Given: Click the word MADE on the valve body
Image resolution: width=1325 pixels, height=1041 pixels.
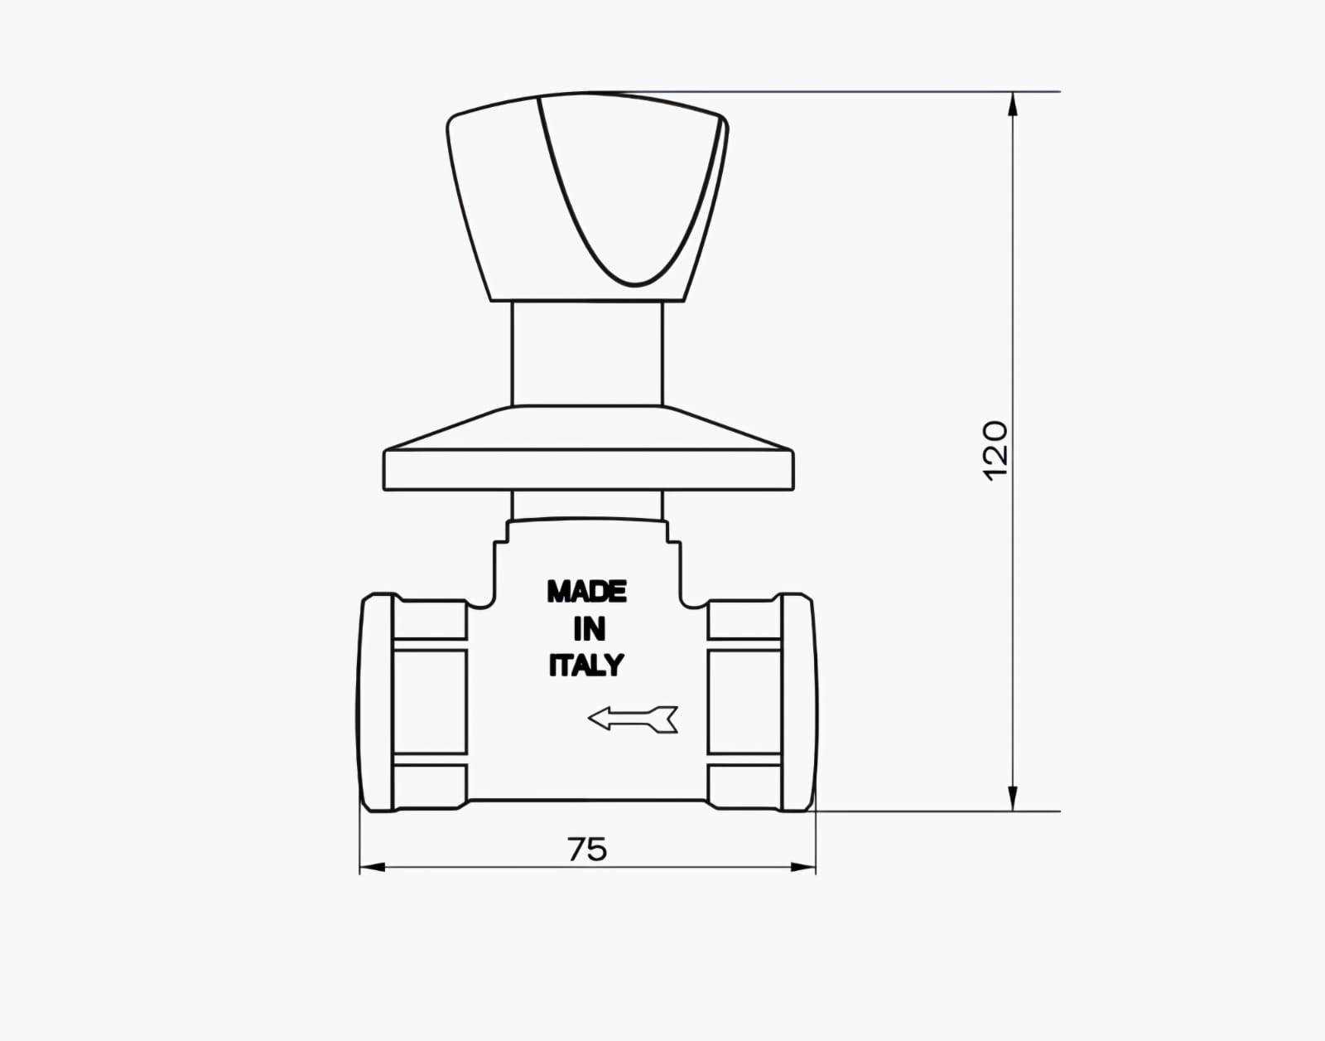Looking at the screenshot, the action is [x=586, y=592].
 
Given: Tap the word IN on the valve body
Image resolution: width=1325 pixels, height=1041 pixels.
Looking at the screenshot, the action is [x=589, y=629].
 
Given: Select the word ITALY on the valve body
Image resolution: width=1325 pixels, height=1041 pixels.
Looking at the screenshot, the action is [x=586, y=665].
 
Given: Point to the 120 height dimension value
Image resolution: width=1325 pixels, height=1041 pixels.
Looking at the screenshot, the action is [x=995, y=451].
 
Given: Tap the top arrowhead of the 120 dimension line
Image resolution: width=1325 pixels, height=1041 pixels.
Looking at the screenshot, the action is [x=1013, y=104].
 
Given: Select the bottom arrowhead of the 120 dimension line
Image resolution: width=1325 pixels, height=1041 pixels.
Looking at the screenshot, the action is [x=1013, y=799].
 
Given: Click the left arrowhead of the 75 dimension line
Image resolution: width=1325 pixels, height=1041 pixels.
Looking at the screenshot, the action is [x=373, y=867].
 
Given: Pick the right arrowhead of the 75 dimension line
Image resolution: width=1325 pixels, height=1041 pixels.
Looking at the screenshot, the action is [x=803, y=867].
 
